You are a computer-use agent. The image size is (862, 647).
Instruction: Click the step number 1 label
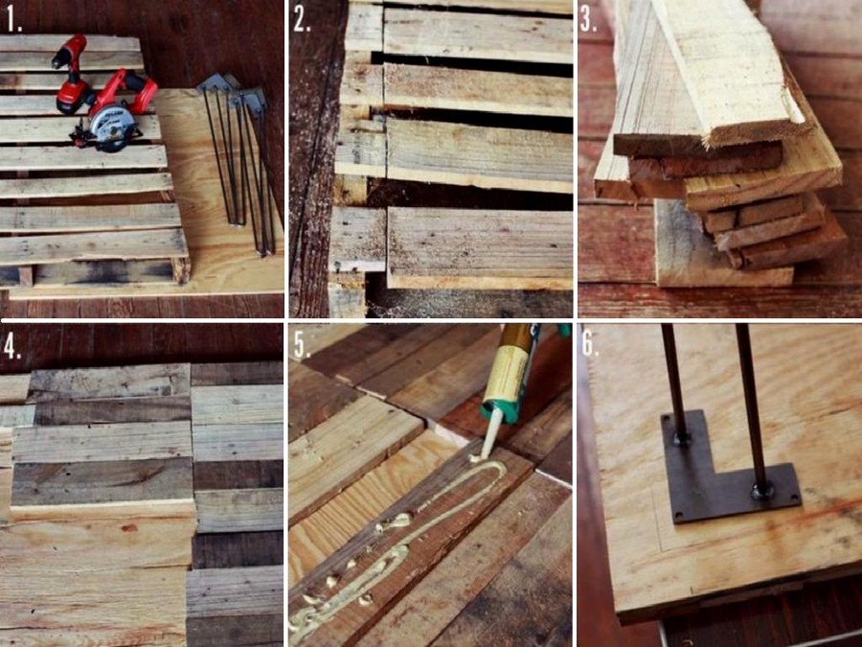(13, 20)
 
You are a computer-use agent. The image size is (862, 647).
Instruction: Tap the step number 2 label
(302, 20)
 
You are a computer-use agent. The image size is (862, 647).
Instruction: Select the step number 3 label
(588, 20)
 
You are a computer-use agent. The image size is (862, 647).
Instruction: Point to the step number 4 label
(13, 345)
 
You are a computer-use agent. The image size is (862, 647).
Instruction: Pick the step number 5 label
(302, 345)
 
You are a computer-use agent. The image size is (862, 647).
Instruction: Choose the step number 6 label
(589, 344)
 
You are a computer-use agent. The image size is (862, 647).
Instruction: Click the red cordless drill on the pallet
(72, 74)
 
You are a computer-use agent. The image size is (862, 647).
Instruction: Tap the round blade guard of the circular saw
(110, 127)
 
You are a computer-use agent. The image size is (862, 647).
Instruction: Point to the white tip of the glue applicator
(490, 433)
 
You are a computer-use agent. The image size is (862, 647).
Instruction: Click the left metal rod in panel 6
(674, 382)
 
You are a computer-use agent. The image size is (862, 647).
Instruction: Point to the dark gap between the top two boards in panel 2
(473, 57)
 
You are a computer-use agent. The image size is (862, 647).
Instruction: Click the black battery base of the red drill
(70, 104)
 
